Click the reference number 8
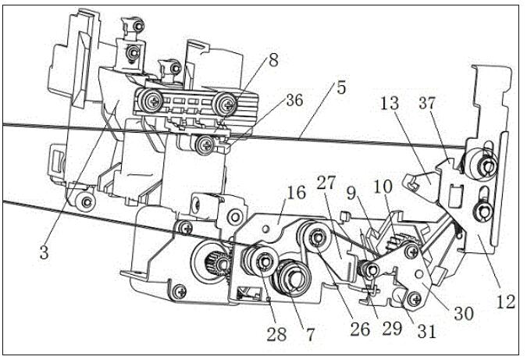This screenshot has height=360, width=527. point(273,61)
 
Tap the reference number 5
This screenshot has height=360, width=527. point(341,87)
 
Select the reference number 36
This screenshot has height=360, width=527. point(294,101)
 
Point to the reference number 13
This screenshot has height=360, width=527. point(390,103)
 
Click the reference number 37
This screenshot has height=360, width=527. point(427,103)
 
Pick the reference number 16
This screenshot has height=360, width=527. point(297,193)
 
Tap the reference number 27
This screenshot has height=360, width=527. point(326,184)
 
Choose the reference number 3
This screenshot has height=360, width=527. point(45,252)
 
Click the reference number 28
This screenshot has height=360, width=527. point(277,333)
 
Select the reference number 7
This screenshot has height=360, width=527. point(310,334)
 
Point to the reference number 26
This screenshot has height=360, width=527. point(360,330)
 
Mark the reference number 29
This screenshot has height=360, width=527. point(392,328)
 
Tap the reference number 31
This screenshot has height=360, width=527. point(426,331)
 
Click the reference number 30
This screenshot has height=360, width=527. point(464,314)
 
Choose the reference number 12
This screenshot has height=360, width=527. point(506,301)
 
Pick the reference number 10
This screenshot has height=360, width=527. point(383,186)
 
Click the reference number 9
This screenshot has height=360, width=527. point(351,194)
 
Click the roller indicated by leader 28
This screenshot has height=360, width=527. point(261,261)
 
